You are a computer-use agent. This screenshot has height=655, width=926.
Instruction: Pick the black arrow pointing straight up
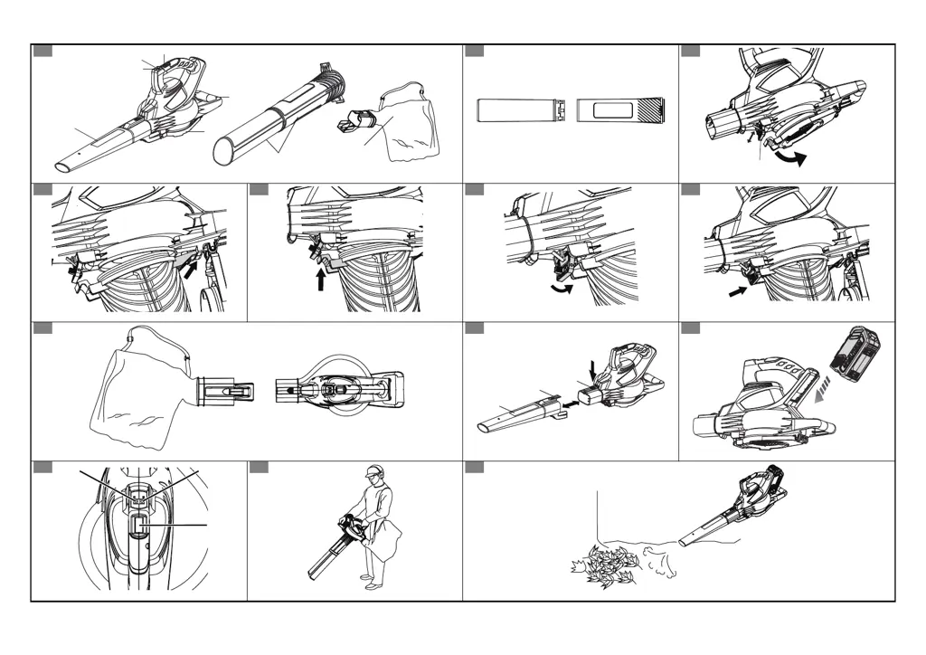[321, 276]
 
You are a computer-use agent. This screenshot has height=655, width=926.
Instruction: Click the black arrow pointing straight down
[592, 368]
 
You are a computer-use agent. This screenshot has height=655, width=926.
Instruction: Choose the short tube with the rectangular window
[620, 110]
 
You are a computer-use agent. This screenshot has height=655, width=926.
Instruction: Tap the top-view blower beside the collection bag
[339, 390]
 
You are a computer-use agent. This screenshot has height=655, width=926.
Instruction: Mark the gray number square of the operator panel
[258, 467]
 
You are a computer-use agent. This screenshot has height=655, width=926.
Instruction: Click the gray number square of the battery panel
[690, 328]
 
